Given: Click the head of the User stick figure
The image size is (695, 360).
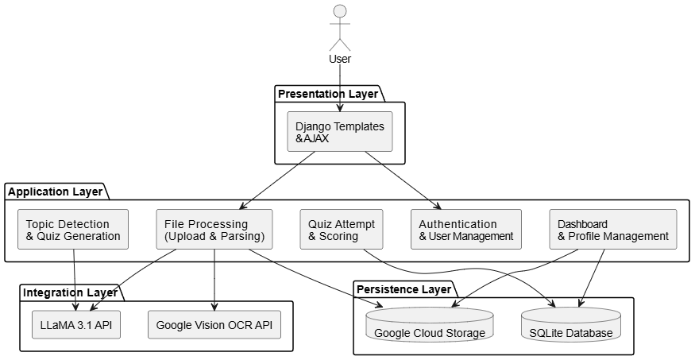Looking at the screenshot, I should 340,11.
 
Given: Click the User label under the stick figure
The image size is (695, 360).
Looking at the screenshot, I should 340,59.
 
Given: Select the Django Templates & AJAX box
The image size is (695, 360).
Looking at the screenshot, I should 340,132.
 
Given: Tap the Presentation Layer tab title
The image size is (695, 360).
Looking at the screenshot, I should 327,94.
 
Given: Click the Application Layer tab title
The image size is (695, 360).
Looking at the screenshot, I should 55,192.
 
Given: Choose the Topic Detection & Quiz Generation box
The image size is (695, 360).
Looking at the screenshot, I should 74,230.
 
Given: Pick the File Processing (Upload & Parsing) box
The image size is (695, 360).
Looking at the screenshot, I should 214,230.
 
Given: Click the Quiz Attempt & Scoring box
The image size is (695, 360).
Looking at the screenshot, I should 342,230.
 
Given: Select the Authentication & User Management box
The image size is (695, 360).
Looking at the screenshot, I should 466,230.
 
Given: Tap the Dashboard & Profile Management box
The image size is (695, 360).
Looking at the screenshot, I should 613,230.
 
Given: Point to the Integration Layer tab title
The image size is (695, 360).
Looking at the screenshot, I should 71,292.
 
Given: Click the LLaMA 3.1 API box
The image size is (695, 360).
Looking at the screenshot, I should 76,324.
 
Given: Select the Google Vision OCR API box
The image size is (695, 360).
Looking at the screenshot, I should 214,324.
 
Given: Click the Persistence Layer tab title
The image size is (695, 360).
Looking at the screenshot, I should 403,289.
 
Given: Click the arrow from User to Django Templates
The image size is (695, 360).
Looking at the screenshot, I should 340,87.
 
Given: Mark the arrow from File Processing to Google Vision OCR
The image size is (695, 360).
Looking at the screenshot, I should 214,278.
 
